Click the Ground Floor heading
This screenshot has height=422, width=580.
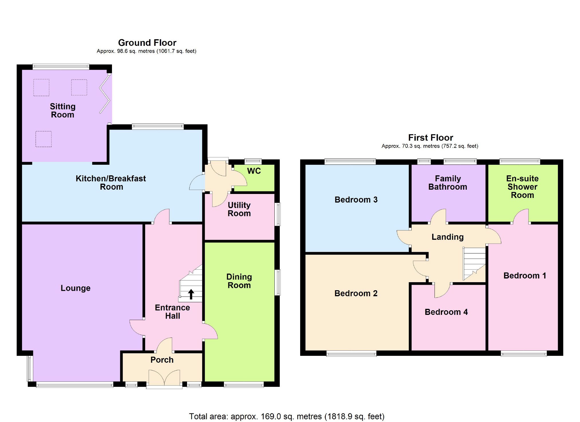point(147,43)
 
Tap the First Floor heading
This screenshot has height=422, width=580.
point(430,138)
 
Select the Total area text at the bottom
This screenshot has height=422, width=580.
point(286,416)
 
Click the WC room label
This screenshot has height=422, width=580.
point(254,171)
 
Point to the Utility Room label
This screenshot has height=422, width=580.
point(239,209)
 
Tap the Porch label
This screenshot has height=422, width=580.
point(162,360)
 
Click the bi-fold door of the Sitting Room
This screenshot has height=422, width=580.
point(105,94)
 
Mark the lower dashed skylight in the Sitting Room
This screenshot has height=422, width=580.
point(44,139)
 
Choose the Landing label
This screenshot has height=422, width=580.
point(447,237)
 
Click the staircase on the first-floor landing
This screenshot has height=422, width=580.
point(474,263)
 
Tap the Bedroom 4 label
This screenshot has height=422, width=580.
point(446,312)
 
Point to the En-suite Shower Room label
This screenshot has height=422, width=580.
point(522,187)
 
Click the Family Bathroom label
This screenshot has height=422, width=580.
point(447,183)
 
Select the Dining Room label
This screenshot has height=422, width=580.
point(239,281)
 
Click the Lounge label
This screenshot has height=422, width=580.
point(75,288)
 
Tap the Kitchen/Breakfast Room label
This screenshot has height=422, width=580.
point(111,183)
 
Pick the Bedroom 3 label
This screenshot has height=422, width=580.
point(356,200)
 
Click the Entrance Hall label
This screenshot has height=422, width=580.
point(172,312)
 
